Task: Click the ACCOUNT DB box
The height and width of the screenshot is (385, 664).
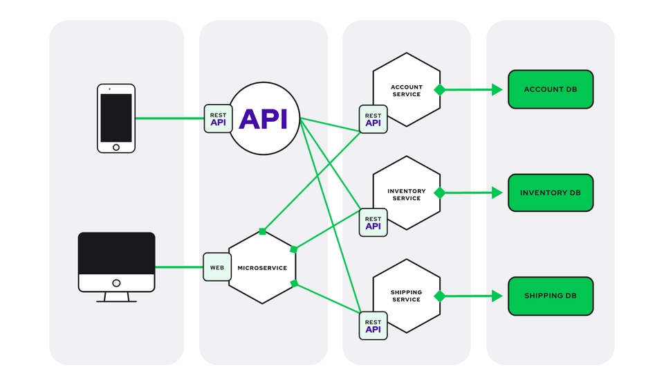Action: coord(551,89)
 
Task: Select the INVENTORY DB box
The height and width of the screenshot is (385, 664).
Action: coord(551,192)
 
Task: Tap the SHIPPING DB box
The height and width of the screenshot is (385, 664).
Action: coord(551,296)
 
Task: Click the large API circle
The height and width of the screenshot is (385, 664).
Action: coord(264,118)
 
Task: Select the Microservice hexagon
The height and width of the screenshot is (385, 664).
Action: coord(263,267)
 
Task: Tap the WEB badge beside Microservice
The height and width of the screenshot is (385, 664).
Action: coord(217,267)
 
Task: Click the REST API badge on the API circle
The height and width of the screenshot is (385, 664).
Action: coord(218,118)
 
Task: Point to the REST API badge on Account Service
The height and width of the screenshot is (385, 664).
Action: coord(373,119)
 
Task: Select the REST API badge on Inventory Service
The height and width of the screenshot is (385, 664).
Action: coord(373,222)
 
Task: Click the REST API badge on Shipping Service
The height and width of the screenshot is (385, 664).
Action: coord(373,325)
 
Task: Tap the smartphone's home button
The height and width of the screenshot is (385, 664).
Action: coord(116,147)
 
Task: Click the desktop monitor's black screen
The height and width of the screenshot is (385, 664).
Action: coord(116,253)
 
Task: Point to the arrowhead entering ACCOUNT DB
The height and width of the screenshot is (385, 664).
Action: coord(497,89)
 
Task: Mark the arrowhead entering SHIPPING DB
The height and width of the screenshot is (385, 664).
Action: coord(497,296)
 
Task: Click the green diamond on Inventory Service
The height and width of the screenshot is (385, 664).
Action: coord(439,193)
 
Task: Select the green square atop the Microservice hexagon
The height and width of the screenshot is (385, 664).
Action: coord(262,231)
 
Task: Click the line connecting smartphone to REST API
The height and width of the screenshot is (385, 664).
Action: coord(169,118)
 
